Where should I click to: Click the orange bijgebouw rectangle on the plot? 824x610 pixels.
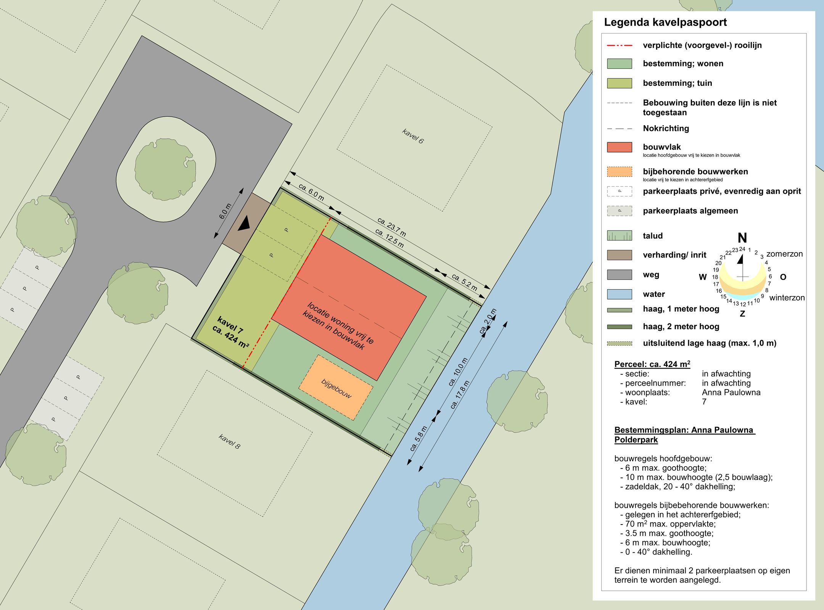(x=336, y=388)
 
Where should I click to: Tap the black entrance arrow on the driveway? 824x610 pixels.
(x=245, y=224)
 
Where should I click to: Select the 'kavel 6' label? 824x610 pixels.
(x=413, y=136)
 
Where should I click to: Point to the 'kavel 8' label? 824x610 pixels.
(x=229, y=441)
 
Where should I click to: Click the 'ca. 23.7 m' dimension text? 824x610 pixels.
(x=391, y=227)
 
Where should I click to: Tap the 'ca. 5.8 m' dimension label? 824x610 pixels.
(x=418, y=439)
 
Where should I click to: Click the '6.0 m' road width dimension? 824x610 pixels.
(x=225, y=211)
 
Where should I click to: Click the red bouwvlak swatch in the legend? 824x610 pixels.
(x=620, y=147)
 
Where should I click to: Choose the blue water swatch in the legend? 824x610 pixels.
(x=620, y=294)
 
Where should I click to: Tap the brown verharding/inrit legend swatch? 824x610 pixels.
(x=620, y=255)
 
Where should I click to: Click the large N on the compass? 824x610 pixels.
(x=742, y=238)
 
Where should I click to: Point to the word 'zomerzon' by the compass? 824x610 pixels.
(x=784, y=254)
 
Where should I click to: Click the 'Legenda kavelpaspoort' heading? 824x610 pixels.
(x=665, y=22)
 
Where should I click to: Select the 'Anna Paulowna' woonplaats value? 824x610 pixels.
(x=731, y=392)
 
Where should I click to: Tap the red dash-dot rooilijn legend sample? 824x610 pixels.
(x=620, y=45)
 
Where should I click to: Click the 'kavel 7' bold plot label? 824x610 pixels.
(x=230, y=325)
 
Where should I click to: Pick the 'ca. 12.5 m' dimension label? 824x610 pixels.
(x=389, y=238)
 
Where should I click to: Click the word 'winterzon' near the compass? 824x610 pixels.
(x=787, y=298)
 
